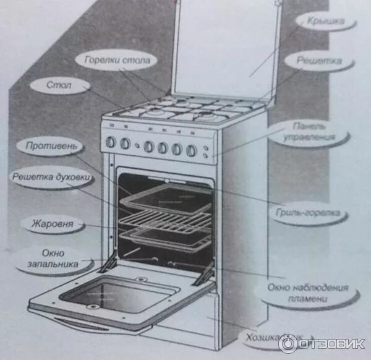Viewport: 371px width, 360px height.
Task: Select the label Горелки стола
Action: (117, 61)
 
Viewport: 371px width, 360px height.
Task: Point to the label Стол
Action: (59, 84)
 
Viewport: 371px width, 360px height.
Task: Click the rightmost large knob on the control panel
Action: (192, 150)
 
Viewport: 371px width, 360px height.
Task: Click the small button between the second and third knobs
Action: (137, 145)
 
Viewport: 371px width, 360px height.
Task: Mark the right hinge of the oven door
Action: (203, 276)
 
